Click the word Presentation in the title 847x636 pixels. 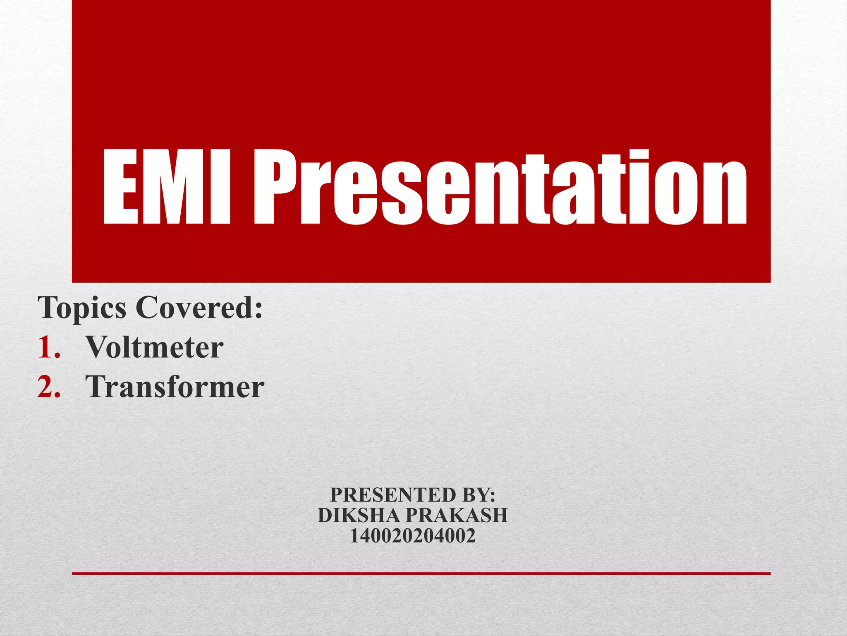[500, 187]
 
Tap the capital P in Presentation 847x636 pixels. [275, 187]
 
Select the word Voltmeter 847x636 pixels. [154, 347]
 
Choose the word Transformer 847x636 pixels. [175, 387]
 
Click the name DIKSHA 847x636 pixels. [359, 516]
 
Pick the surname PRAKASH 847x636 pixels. [457, 516]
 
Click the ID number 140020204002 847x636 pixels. [413, 536]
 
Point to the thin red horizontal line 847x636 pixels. [421, 573]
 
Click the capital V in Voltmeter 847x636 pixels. [98, 347]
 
